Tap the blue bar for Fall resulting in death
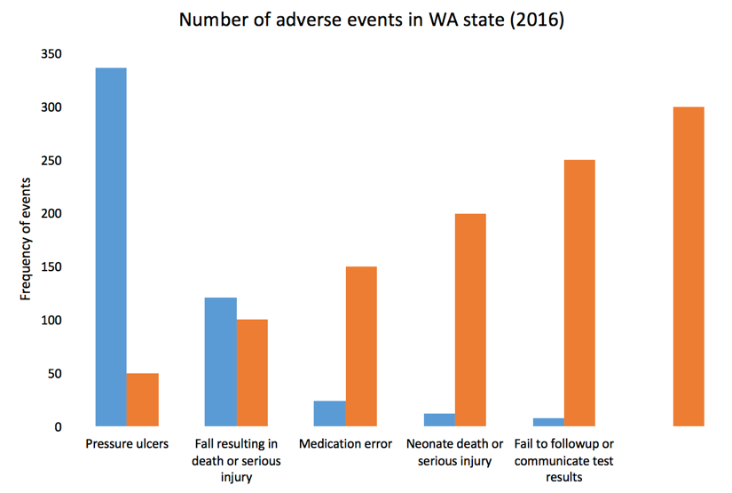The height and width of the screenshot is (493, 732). (x=221, y=362)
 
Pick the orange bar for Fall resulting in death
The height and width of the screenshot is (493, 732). (x=252, y=373)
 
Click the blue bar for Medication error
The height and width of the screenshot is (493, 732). (x=330, y=414)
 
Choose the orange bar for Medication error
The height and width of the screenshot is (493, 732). (x=361, y=346)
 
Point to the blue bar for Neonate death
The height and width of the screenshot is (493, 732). (x=439, y=420)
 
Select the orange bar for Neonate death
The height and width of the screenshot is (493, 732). (x=470, y=320)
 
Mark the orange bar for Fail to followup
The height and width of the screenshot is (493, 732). (x=579, y=293)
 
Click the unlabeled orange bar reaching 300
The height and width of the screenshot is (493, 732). (x=689, y=266)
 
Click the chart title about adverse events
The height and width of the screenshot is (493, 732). (x=372, y=20)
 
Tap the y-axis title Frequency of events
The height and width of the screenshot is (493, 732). (x=27, y=241)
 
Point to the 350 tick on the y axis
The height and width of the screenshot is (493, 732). (x=51, y=54)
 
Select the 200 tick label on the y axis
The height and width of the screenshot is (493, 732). (x=51, y=214)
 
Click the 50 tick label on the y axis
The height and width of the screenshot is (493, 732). (x=55, y=374)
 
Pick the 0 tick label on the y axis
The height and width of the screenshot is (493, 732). (x=59, y=427)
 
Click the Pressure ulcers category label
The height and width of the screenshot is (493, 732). (x=127, y=444)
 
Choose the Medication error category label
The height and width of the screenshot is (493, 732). (x=346, y=444)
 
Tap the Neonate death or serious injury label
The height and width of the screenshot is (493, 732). (x=454, y=452)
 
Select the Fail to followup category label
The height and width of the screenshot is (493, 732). (x=564, y=459)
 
